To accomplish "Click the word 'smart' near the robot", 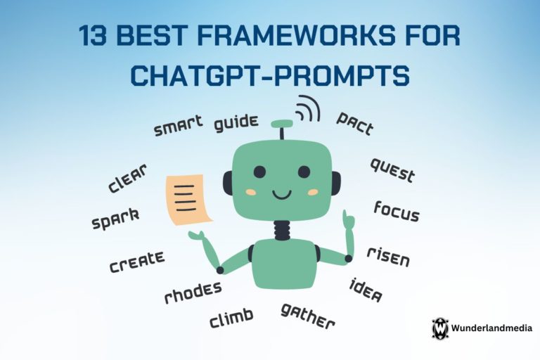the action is coord(178,126).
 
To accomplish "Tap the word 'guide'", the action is coord(236,123).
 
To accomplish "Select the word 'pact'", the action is coord(355,123).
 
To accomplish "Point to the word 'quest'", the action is coord(392,170).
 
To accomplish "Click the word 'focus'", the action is coord(397,211).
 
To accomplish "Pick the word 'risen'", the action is coord(388,257).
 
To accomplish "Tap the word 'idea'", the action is coord(366,290).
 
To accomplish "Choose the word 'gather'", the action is coord(307,316).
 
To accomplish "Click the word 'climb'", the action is coord(231,318).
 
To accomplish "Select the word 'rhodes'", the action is coord(193,292).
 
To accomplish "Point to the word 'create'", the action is coord(137,262).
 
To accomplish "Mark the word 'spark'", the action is coord(116,219).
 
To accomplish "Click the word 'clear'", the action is coord(127,178).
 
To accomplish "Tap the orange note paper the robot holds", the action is coord(188,200).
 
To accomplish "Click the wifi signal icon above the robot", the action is coord(307,108).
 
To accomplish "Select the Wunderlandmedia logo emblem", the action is coord(440,328).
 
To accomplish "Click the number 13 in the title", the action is coord(93,35).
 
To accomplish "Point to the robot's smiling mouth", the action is coord(282,195).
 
